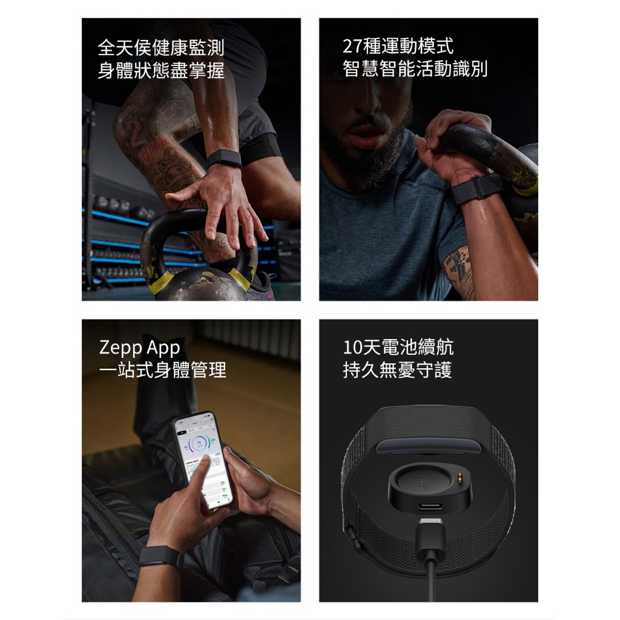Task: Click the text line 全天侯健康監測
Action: (x=161, y=48)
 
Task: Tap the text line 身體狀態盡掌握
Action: (x=161, y=70)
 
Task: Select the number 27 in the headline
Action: (x=352, y=47)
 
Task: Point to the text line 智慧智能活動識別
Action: (x=415, y=69)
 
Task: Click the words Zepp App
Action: (x=140, y=348)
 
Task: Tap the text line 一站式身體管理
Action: (x=162, y=370)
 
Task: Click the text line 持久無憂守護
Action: (x=397, y=370)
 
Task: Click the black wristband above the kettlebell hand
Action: (x=224, y=159)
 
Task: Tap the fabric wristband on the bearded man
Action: (x=477, y=189)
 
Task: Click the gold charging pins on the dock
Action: (x=460, y=477)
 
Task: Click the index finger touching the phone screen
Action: (x=200, y=475)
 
